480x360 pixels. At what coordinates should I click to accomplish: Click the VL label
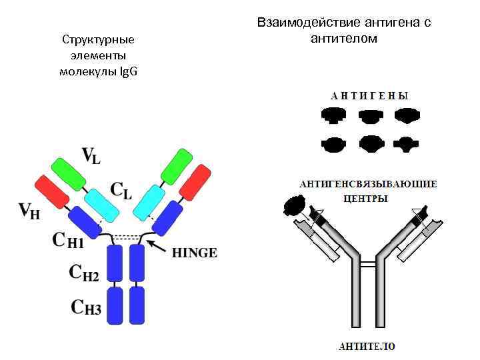click(x=91, y=156)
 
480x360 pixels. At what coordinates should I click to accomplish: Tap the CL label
click(x=121, y=191)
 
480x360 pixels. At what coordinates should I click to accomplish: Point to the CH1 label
click(x=68, y=239)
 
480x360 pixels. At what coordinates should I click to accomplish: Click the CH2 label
click(x=85, y=272)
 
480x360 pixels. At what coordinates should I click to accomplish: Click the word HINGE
click(x=195, y=253)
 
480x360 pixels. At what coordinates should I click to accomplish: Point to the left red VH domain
click(x=52, y=193)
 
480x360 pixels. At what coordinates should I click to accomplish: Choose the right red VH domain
click(x=195, y=183)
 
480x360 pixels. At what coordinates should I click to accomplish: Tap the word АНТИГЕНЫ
click(x=369, y=95)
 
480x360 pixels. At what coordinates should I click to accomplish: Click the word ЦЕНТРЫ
click(x=365, y=199)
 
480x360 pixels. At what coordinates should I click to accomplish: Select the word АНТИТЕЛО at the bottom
click(x=367, y=346)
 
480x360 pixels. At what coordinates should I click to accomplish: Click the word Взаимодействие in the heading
click(x=305, y=23)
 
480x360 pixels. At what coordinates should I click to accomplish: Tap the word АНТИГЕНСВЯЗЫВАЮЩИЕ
click(x=368, y=183)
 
